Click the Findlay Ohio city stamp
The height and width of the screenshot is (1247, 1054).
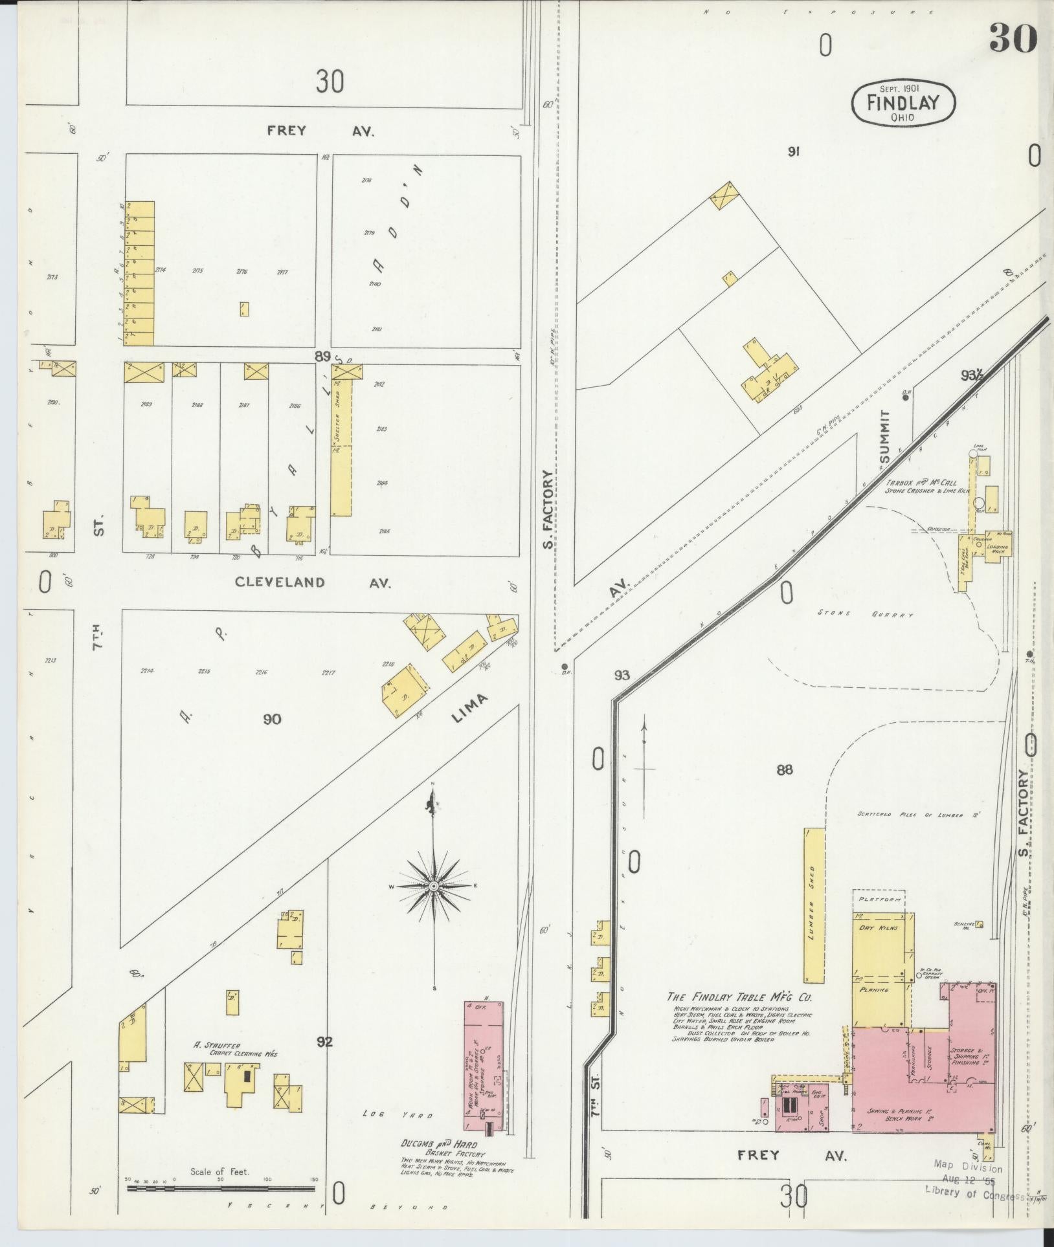coord(904,103)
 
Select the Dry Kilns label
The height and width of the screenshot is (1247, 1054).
coord(875,929)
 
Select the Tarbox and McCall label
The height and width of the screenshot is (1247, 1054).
coord(921,483)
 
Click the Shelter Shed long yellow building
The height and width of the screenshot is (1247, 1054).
coord(341,447)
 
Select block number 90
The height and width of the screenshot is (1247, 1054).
coord(272,718)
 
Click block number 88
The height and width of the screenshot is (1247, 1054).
coord(785,770)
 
